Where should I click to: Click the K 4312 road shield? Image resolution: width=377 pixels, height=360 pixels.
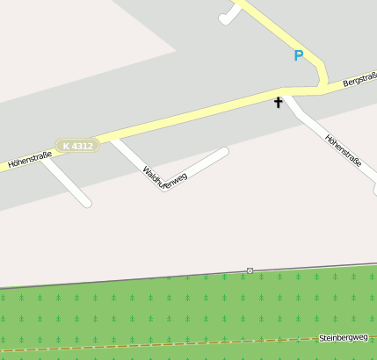click(77, 145)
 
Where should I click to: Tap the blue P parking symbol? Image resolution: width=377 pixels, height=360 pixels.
click(298, 56)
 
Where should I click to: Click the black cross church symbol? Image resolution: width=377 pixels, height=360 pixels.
click(279, 103)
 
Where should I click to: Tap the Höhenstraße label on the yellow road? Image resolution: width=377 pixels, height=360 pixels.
click(30, 159)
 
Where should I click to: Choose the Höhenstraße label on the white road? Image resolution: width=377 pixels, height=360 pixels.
click(343, 150)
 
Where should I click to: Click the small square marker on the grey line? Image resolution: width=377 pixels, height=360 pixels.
click(250, 270)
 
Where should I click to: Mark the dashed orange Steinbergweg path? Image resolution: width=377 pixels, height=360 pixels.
click(176, 344)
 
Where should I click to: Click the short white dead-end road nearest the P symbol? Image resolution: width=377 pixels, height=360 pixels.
click(230, 15)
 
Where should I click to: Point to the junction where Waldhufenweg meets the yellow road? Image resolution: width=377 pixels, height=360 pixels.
click(112, 138)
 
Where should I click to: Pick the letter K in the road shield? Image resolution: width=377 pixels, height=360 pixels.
click(67, 145)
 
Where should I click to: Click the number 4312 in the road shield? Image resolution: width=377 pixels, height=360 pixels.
click(82, 145)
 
